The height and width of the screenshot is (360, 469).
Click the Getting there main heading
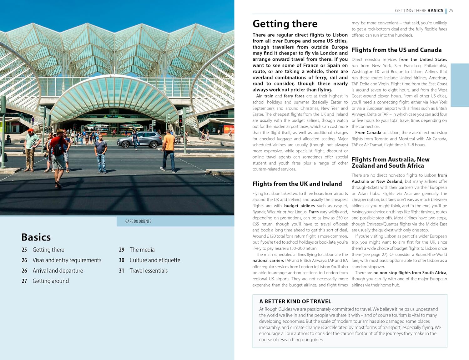[x=285, y=24]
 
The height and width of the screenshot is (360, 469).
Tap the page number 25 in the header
[x=451, y=11]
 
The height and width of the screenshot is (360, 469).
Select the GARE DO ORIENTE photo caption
[x=138, y=221]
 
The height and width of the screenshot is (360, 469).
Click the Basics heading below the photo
[x=36, y=237]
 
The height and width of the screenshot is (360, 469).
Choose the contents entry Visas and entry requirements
[x=67, y=260]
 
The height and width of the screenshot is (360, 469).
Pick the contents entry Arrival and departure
[x=58, y=271]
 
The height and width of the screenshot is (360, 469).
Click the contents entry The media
[x=142, y=250]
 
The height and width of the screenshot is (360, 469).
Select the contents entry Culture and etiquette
[x=155, y=260]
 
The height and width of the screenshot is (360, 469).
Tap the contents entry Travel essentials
[x=149, y=271]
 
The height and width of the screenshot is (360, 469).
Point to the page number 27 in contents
[x=24, y=281]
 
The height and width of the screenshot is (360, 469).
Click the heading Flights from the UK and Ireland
[x=297, y=184]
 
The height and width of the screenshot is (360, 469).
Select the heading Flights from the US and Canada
[x=396, y=50]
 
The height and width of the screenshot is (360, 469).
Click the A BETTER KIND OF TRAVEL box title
[x=295, y=302]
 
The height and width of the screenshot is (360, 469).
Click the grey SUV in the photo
[x=139, y=140]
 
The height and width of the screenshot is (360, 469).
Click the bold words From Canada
[x=368, y=133]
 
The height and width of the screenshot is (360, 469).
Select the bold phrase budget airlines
[x=299, y=206]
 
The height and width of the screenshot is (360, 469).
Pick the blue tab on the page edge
[x=460, y=85]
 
